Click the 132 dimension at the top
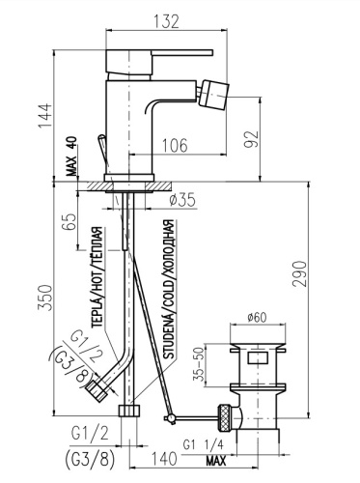[x=166, y=21]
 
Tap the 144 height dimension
[x=45, y=116]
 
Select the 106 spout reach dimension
[x=175, y=146]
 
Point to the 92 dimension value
[x=251, y=139]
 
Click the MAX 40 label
[x=72, y=156]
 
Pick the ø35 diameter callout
[x=182, y=201]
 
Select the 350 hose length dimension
[x=44, y=298]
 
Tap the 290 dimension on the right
[x=299, y=273]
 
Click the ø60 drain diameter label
[x=258, y=318]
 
